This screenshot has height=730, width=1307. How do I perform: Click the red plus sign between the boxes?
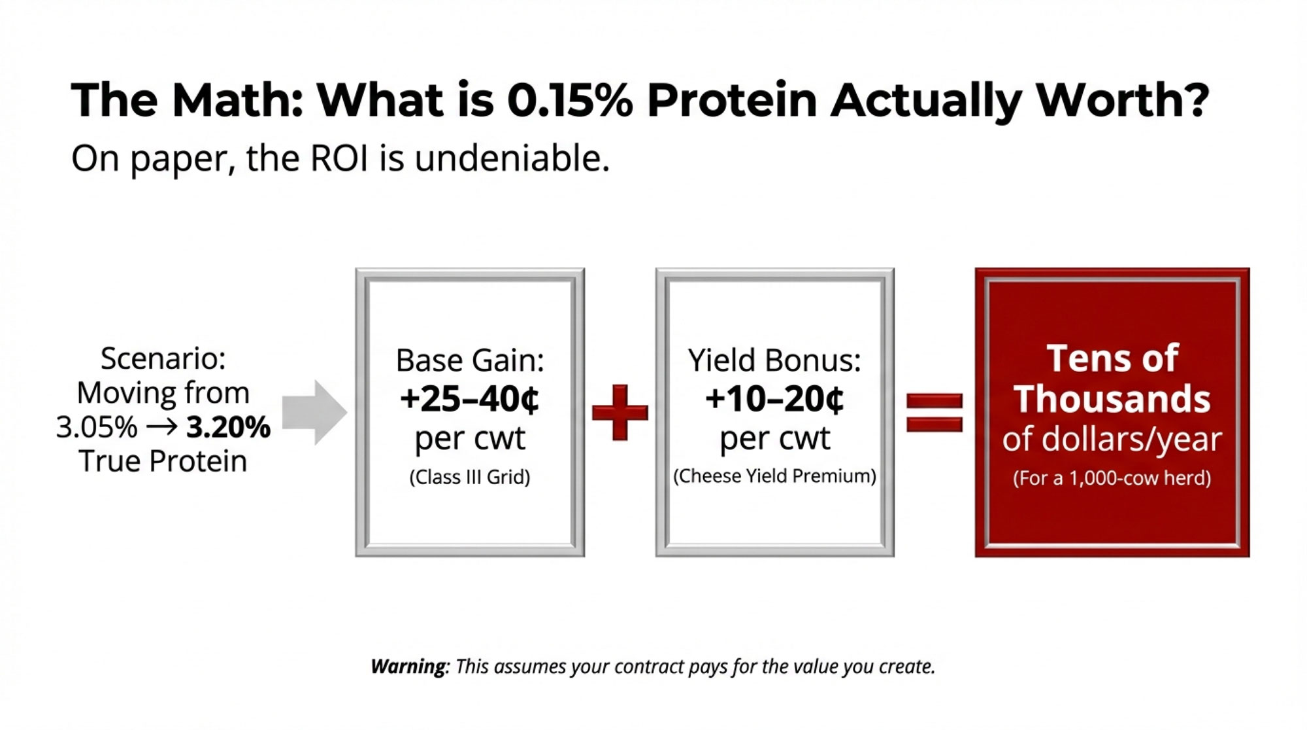[x=620, y=412]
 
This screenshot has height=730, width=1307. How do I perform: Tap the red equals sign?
[x=935, y=412]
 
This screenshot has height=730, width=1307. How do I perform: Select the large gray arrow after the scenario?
[x=314, y=412]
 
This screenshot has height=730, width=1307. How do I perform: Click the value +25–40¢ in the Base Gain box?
[x=470, y=399]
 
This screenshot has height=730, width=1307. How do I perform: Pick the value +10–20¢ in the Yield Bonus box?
[x=774, y=399]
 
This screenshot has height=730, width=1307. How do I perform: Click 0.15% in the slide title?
[x=570, y=101]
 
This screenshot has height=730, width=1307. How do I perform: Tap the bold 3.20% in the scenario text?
[x=228, y=427]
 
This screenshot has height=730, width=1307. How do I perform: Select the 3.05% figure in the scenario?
[x=97, y=427]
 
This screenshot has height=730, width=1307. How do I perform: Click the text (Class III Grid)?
[x=470, y=477]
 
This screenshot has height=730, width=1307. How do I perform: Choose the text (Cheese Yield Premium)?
[x=774, y=476]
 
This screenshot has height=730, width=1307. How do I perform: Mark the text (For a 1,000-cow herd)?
[x=1112, y=478]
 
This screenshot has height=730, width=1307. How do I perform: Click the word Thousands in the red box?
[x=1112, y=399]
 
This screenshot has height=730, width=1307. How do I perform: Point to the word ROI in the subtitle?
[x=339, y=158]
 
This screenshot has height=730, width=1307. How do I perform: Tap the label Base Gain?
[x=470, y=360]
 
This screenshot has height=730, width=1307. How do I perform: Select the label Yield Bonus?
[x=774, y=360]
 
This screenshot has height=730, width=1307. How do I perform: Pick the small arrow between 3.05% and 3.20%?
[x=161, y=427]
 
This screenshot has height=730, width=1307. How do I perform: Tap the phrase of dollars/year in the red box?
[x=1112, y=440]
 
